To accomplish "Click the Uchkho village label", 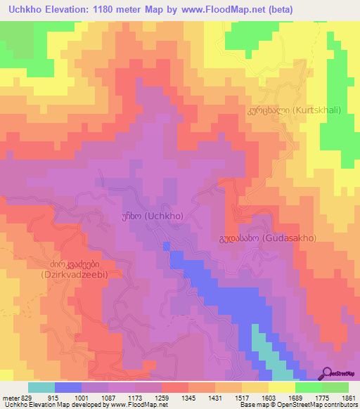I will [153, 216].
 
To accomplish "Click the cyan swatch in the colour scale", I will [41, 387].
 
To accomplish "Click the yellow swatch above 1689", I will [281, 387].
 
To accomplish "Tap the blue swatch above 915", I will [68, 387].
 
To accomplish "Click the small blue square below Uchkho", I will [166, 245].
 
